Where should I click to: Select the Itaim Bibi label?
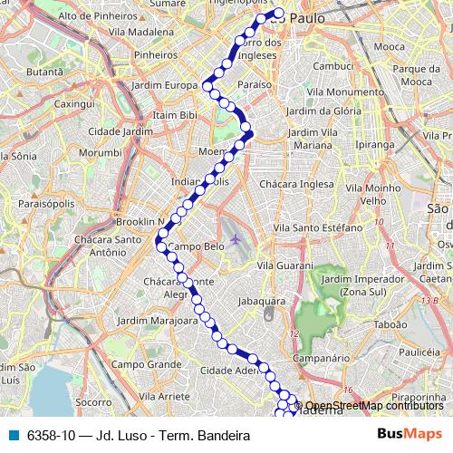pyautogui.click(x=177, y=115)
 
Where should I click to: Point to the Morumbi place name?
pyautogui.click(x=99, y=153)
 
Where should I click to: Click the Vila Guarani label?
pyautogui.click(x=285, y=265)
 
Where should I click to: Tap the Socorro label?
pyautogui.click(x=93, y=400)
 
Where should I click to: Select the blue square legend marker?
pyautogui.click(x=14, y=435)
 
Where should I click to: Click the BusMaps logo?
pyautogui.click(x=407, y=435)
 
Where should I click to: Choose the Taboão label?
pyautogui.click(x=392, y=322)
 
